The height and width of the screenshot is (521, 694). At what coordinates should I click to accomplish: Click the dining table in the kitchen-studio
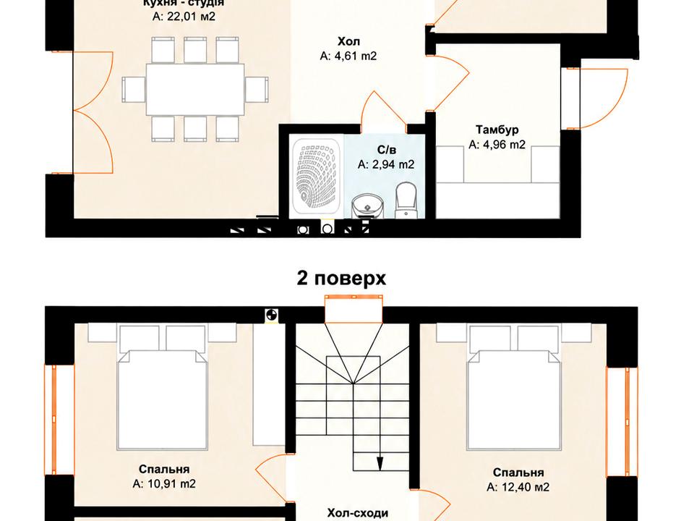(194, 90)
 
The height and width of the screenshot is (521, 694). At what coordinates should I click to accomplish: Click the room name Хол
(348, 42)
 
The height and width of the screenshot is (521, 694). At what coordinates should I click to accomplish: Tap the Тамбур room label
(497, 130)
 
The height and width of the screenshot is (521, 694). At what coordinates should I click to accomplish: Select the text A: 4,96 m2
(497, 145)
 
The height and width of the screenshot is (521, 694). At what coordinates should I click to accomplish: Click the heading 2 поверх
(340, 279)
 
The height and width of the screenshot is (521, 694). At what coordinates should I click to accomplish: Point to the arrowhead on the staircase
(380, 462)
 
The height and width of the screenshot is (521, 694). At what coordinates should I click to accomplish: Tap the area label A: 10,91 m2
(164, 484)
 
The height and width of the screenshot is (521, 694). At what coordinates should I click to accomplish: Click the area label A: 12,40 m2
(518, 487)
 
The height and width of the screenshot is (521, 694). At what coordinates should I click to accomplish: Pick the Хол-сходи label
(358, 513)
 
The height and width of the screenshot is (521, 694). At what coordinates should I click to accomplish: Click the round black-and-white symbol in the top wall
(271, 315)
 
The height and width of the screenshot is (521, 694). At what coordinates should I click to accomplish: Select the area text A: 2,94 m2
(386, 165)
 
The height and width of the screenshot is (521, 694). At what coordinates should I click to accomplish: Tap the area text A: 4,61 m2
(348, 56)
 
